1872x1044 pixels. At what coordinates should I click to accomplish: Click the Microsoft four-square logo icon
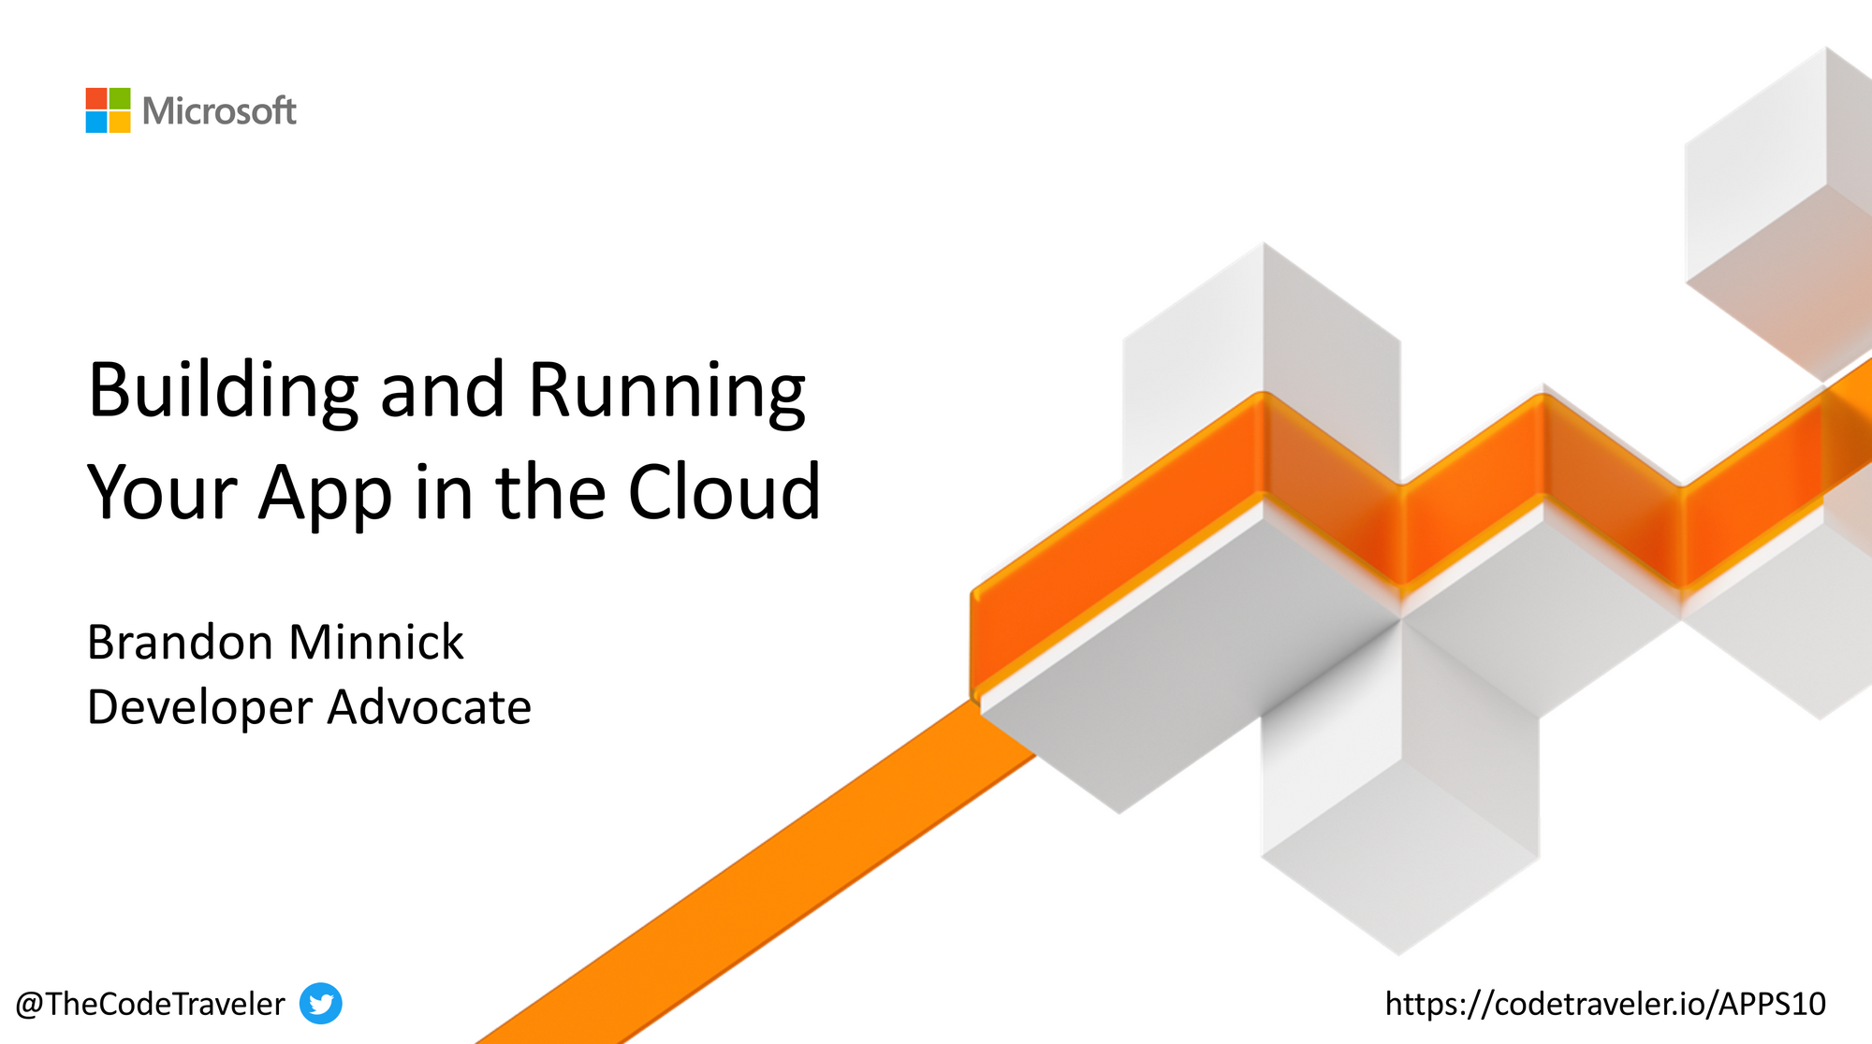(108, 110)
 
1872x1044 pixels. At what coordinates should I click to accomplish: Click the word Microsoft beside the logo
(219, 111)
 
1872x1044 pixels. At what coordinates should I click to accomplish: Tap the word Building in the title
(223, 391)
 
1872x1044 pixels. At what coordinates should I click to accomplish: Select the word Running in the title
(666, 391)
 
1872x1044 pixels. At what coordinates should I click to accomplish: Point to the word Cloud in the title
(724, 492)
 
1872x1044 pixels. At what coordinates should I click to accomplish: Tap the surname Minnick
(376, 643)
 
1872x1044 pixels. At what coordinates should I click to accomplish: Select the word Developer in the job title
(199, 707)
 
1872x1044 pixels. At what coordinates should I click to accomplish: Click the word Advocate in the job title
(430, 707)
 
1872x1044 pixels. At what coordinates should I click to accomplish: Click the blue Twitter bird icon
(321, 1004)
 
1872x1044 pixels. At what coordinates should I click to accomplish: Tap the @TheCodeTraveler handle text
(150, 1004)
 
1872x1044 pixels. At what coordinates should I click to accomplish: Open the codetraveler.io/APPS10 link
(1605, 1004)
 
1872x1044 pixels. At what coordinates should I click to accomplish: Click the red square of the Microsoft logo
(96, 99)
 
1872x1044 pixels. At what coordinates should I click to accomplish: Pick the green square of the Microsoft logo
(120, 99)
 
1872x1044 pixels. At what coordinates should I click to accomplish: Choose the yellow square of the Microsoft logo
(120, 123)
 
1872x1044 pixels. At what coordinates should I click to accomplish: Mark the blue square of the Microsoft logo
(96, 123)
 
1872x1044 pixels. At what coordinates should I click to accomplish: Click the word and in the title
(442, 391)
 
